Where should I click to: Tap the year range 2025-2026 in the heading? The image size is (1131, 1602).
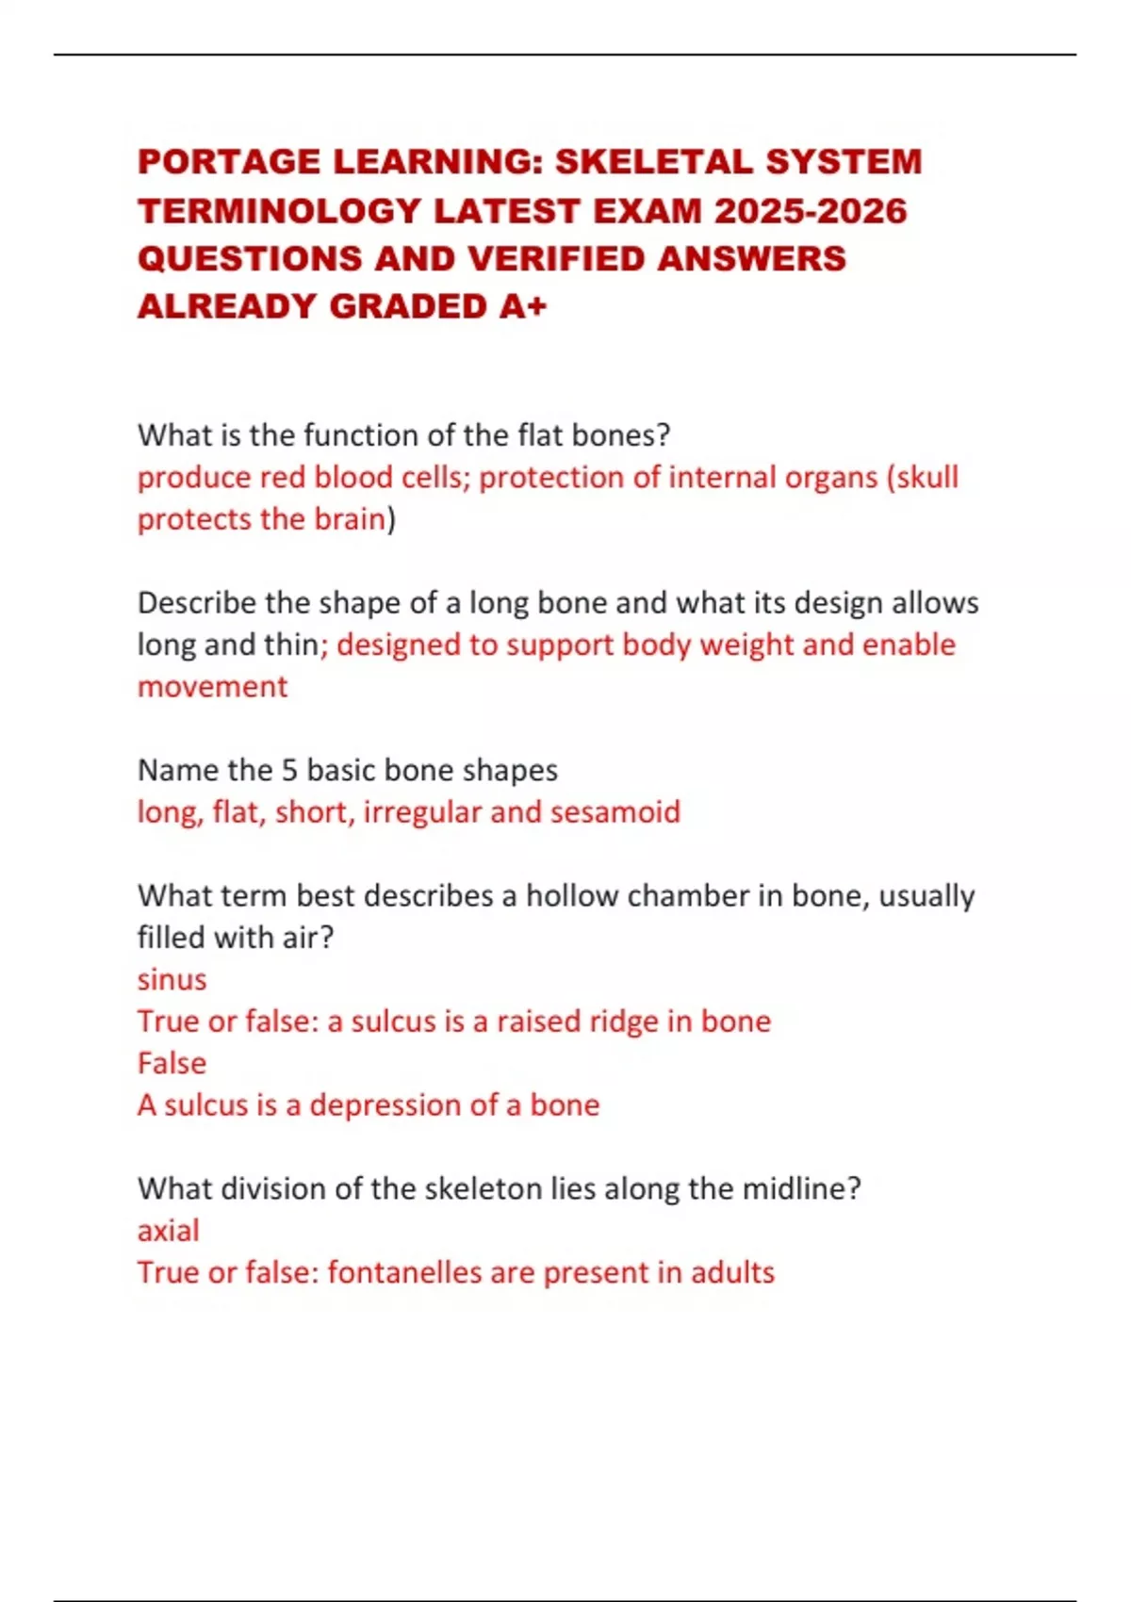pyautogui.click(x=811, y=210)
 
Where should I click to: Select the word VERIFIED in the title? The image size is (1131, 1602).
pyautogui.click(x=555, y=258)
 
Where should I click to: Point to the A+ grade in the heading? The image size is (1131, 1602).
pyautogui.click(x=523, y=306)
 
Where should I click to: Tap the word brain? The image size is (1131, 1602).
pyautogui.click(x=349, y=519)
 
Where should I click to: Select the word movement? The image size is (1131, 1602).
pyautogui.click(x=212, y=686)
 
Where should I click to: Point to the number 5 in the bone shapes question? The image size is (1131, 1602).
pyautogui.click(x=290, y=770)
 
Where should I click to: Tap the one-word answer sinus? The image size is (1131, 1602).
pyautogui.click(x=172, y=979)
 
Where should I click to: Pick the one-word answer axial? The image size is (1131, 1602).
pyautogui.click(x=168, y=1231)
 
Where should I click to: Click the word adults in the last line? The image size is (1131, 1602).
pyautogui.click(x=732, y=1272)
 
